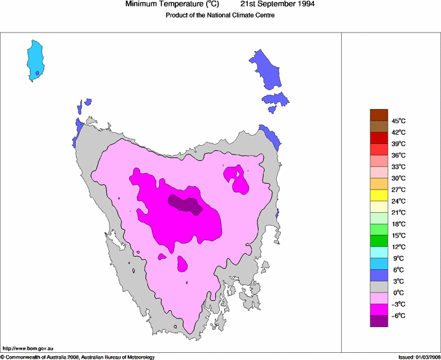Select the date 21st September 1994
point(283,5)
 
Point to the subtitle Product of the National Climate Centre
point(220,16)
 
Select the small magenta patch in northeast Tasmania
point(239,181)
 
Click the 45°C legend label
point(398,121)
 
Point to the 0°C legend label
point(398,293)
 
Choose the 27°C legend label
point(398,189)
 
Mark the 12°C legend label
point(398,246)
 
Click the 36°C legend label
point(398,155)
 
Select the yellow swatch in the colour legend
point(379,195)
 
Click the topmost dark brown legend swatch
point(379,115)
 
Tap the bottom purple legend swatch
point(379,321)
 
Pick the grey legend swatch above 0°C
point(379,287)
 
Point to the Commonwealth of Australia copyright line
point(78,357)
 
